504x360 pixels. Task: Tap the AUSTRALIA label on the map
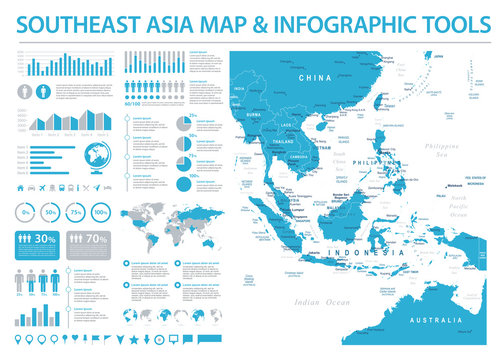(440, 320)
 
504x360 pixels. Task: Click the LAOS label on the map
(287, 123)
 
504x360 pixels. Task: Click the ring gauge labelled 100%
(101, 213)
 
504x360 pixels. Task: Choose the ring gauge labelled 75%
(76, 213)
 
